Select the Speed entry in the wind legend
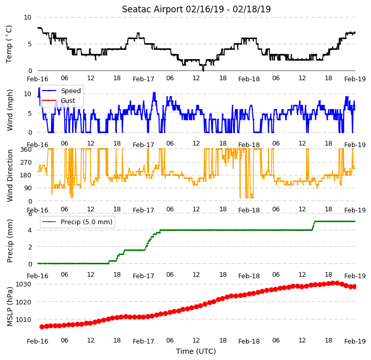click(62, 91)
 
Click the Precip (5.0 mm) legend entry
click(77, 222)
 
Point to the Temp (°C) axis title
click(9, 44)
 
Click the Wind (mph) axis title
click(10, 110)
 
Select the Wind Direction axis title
click(10, 175)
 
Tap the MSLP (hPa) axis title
click(10, 307)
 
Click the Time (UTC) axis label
click(196, 351)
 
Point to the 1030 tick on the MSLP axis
click(24, 284)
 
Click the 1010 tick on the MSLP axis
click(24, 319)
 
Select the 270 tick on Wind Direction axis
click(26, 163)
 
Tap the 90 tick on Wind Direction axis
click(28, 188)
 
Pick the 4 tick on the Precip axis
click(30, 230)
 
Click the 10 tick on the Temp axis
click(27, 17)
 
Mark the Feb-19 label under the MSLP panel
click(355, 341)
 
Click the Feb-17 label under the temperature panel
click(144, 79)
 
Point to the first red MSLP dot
click(42, 327)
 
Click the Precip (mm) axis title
click(10, 241)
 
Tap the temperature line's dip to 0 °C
click(203, 70)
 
